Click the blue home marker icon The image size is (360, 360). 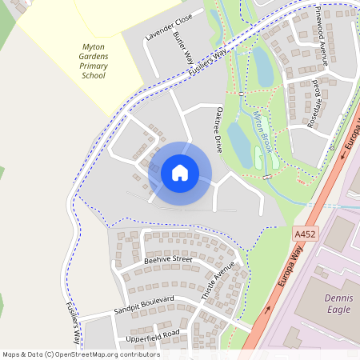pos(180,173)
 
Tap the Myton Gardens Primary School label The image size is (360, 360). pos(94,62)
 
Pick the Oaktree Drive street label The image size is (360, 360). pos(217,131)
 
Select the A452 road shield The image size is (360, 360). pos(305,234)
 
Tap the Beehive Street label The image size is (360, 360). pos(168,260)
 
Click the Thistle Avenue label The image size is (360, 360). pos(218,279)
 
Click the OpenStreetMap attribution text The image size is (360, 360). pos(82,354)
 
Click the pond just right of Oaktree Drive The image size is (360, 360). pos(239,142)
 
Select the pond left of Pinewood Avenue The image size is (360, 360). pos(263,66)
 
